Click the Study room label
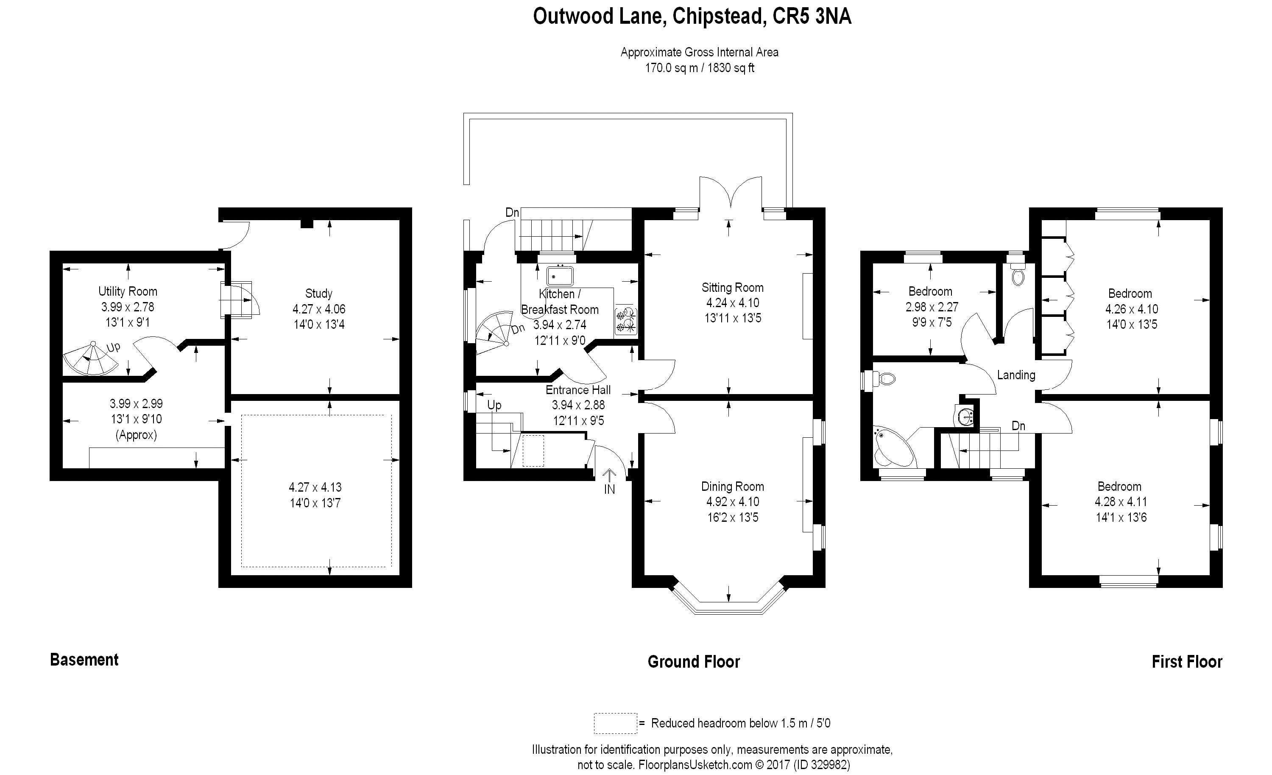318,294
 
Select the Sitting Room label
732,288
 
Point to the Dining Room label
732,487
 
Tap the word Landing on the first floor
1016,375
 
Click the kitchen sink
560,276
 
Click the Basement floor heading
84,660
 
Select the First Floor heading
1187,662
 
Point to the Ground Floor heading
693,662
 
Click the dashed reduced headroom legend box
615,723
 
